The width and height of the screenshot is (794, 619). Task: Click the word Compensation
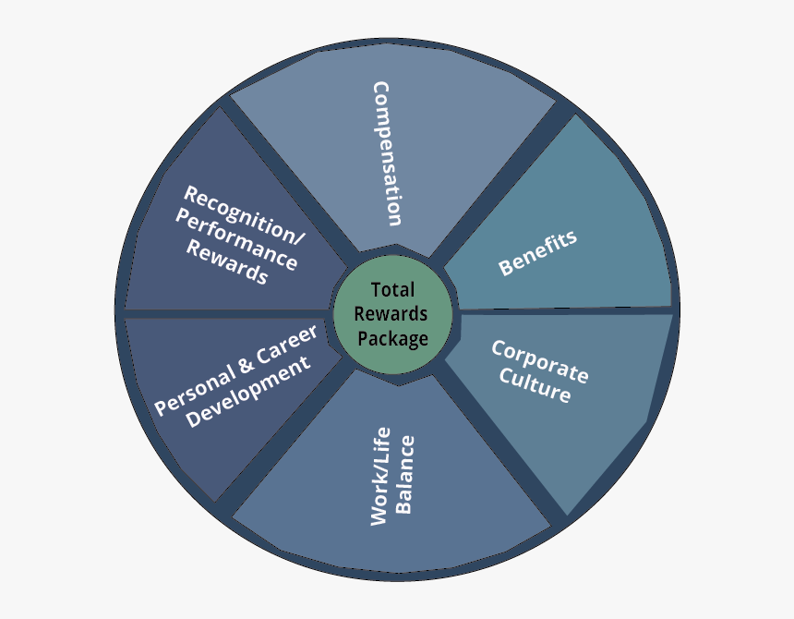(x=387, y=153)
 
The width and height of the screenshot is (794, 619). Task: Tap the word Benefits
(x=537, y=252)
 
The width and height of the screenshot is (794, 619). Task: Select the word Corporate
(x=540, y=361)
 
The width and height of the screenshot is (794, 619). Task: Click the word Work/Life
(x=379, y=477)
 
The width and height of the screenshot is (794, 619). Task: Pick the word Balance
(x=405, y=473)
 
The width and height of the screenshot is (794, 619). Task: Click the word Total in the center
(x=392, y=290)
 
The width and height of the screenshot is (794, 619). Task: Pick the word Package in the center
(x=392, y=338)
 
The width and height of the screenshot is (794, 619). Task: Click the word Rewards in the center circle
(x=392, y=314)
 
